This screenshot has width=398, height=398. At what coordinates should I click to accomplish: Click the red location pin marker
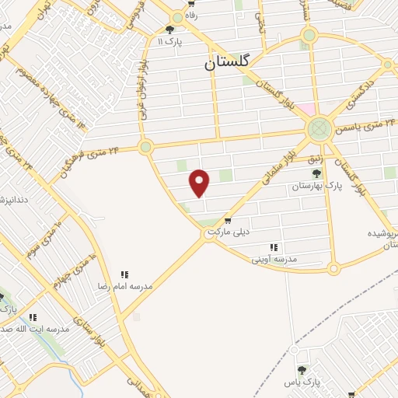[200, 182]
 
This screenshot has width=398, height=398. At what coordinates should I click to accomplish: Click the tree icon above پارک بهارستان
[315, 173]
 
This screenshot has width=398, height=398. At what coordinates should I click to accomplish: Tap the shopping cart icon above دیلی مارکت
[227, 221]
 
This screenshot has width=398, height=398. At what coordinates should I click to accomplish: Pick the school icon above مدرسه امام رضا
[124, 274]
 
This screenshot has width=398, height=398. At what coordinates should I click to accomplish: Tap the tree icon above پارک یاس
[302, 370]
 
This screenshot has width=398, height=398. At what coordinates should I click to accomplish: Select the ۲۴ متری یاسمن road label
[363, 123]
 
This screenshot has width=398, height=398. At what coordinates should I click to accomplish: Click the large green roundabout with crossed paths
[319, 128]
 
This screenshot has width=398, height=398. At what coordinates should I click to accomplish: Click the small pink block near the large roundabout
[309, 110]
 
